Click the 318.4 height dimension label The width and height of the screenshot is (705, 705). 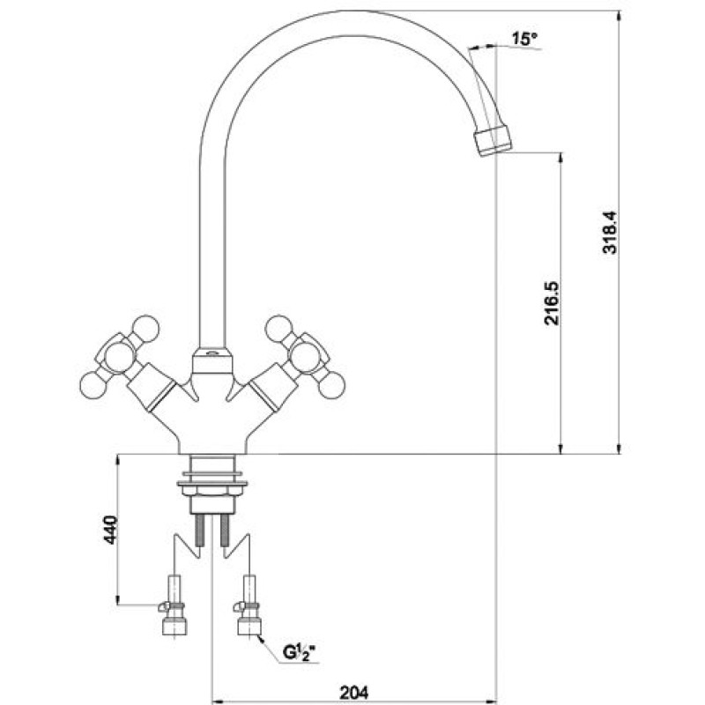[x=610, y=233]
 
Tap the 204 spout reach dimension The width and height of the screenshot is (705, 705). [x=353, y=692]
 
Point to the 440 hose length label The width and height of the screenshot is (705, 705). [x=110, y=531]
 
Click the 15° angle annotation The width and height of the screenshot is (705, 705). [x=524, y=39]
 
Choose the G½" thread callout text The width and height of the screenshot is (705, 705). [x=299, y=652]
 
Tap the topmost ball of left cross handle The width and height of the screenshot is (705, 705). [x=146, y=327]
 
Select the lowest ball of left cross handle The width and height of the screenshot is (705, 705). [x=93, y=386]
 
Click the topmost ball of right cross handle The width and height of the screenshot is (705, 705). [x=278, y=328]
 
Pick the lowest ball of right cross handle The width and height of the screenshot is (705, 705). [x=332, y=386]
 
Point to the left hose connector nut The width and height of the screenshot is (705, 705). [x=174, y=626]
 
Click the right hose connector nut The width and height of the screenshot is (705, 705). [x=249, y=626]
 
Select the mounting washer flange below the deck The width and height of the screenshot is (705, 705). [x=212, y=484]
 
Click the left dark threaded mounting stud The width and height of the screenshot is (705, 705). [x=200, y=531]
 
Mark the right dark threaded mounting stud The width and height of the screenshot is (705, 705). [x=225, y=531]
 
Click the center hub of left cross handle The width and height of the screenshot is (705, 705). [x=118, y=357]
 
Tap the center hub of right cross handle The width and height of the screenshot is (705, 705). [x=306, y=357]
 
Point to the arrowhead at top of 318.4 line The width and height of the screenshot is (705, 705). [x=620, y=16]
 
